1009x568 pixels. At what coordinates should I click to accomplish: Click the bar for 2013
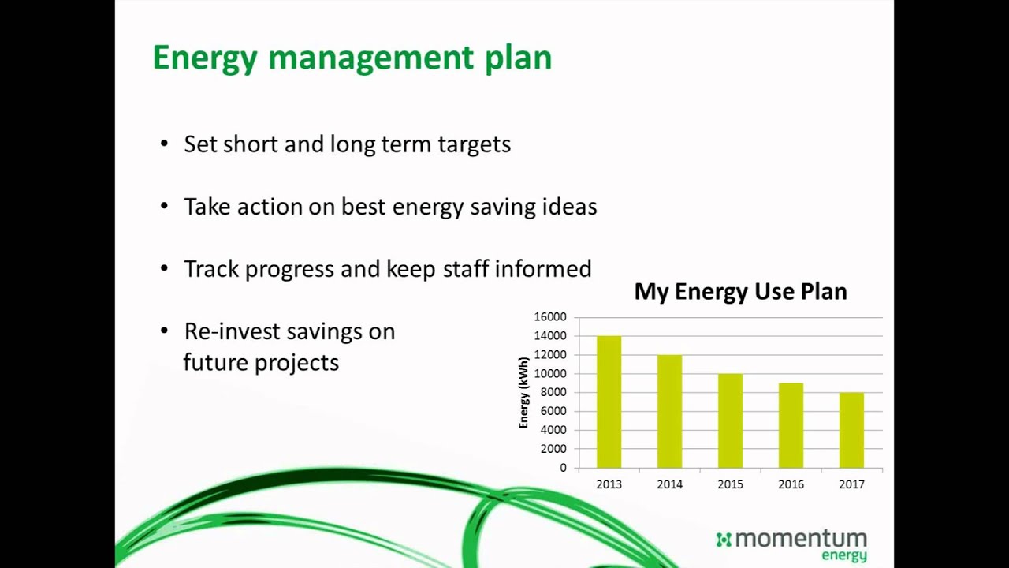click(609, 402)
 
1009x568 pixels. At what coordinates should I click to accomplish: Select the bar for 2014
click(669, 412)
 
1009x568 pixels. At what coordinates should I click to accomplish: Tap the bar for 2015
click(730, 420)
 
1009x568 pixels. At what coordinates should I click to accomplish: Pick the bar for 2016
click(791, 426)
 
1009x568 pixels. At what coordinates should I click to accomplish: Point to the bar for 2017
click(851, 430)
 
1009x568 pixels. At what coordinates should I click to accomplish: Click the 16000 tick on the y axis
click(550, 317)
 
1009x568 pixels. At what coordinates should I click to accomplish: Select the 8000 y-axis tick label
click(553, 392)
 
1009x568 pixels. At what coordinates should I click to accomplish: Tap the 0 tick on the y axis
click(563, 468)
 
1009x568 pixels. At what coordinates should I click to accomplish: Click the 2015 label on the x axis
click(730, 484)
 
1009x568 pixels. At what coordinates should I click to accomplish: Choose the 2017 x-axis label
click(851, 484)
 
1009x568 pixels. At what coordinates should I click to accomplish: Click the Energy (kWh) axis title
click(523, 393)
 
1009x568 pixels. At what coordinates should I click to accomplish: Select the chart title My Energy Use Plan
click(740, 291)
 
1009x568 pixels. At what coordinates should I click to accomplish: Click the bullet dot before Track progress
click(164, 268)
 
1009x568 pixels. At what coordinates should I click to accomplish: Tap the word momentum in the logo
click(801, 540)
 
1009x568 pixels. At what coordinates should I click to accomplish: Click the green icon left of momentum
click(724, 540)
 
